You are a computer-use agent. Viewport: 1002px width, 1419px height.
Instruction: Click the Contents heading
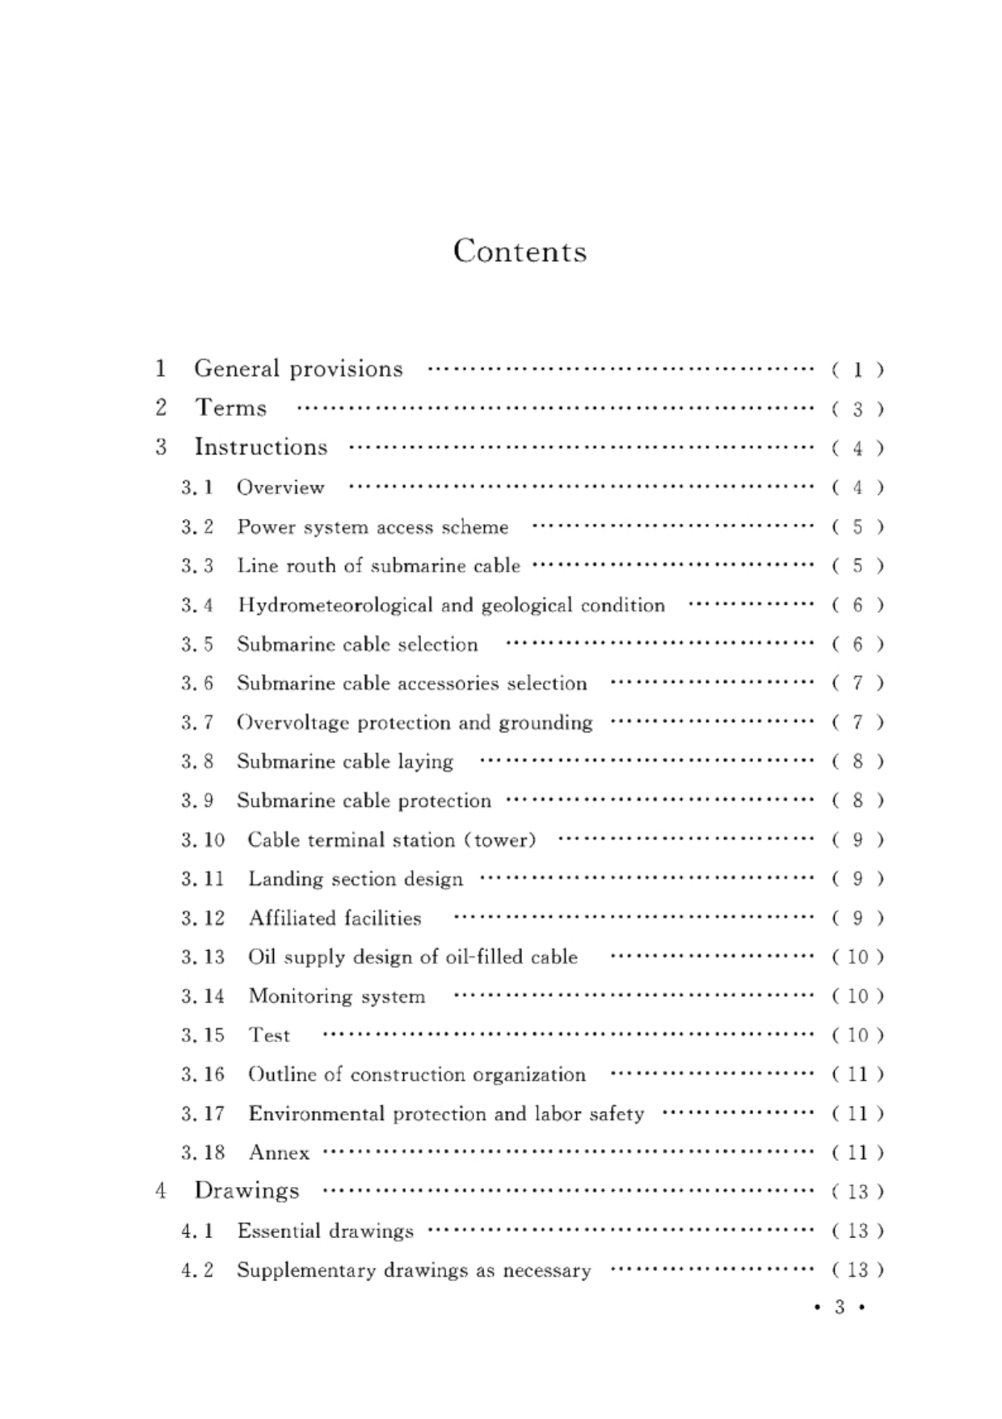click(x=520, y=251)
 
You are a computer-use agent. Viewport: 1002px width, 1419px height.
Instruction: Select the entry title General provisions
click(x=298, y=369)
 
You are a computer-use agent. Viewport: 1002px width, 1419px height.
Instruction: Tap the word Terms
click(x=231, y=408)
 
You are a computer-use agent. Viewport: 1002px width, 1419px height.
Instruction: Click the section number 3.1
click(x=197, y=488)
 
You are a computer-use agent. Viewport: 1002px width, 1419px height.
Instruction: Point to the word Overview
click(x=280, y=488)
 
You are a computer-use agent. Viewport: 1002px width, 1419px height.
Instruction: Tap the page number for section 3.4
click(x=857, y=606)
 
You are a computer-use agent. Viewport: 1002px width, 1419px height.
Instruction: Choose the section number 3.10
click(x=203, y=840)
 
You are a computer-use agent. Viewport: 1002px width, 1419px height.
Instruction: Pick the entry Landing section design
click(x=356, y=879)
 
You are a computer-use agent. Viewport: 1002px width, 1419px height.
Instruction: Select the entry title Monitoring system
click(x=336, y=996)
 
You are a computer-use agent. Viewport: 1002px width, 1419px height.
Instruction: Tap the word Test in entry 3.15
click(x=269, y=1036)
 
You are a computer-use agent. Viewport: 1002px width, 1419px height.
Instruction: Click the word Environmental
click(x=316, y=1114)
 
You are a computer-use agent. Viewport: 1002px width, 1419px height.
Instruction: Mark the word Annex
click(x=279, y=1153)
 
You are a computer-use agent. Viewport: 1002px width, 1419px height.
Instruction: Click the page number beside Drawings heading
click(x=857, y=1192)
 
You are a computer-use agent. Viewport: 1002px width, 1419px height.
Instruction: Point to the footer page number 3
click(x=840, y=1307)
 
